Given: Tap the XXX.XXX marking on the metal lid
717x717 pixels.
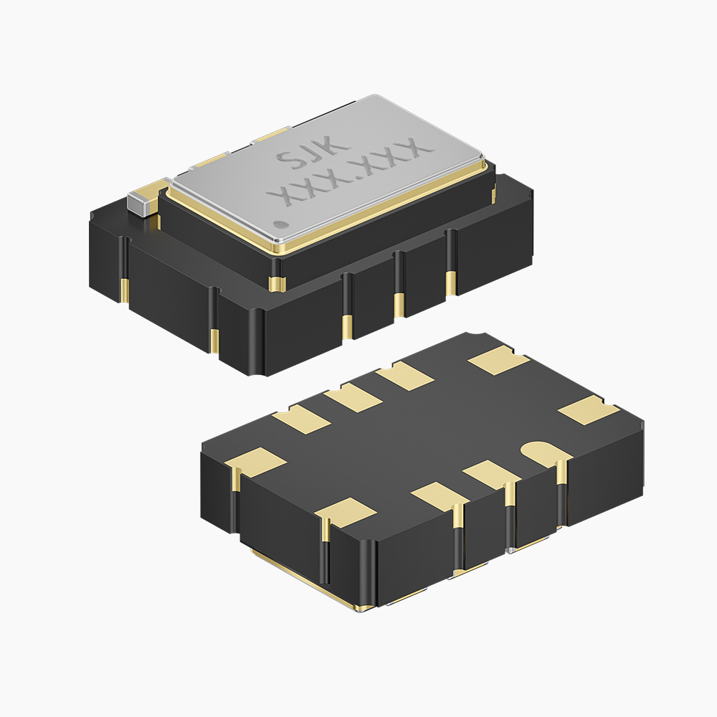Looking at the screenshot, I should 351,172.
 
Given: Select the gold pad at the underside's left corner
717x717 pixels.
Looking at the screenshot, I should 256,461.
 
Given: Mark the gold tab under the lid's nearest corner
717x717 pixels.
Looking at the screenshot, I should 277,282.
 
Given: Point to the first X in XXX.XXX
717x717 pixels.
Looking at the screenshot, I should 280,196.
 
